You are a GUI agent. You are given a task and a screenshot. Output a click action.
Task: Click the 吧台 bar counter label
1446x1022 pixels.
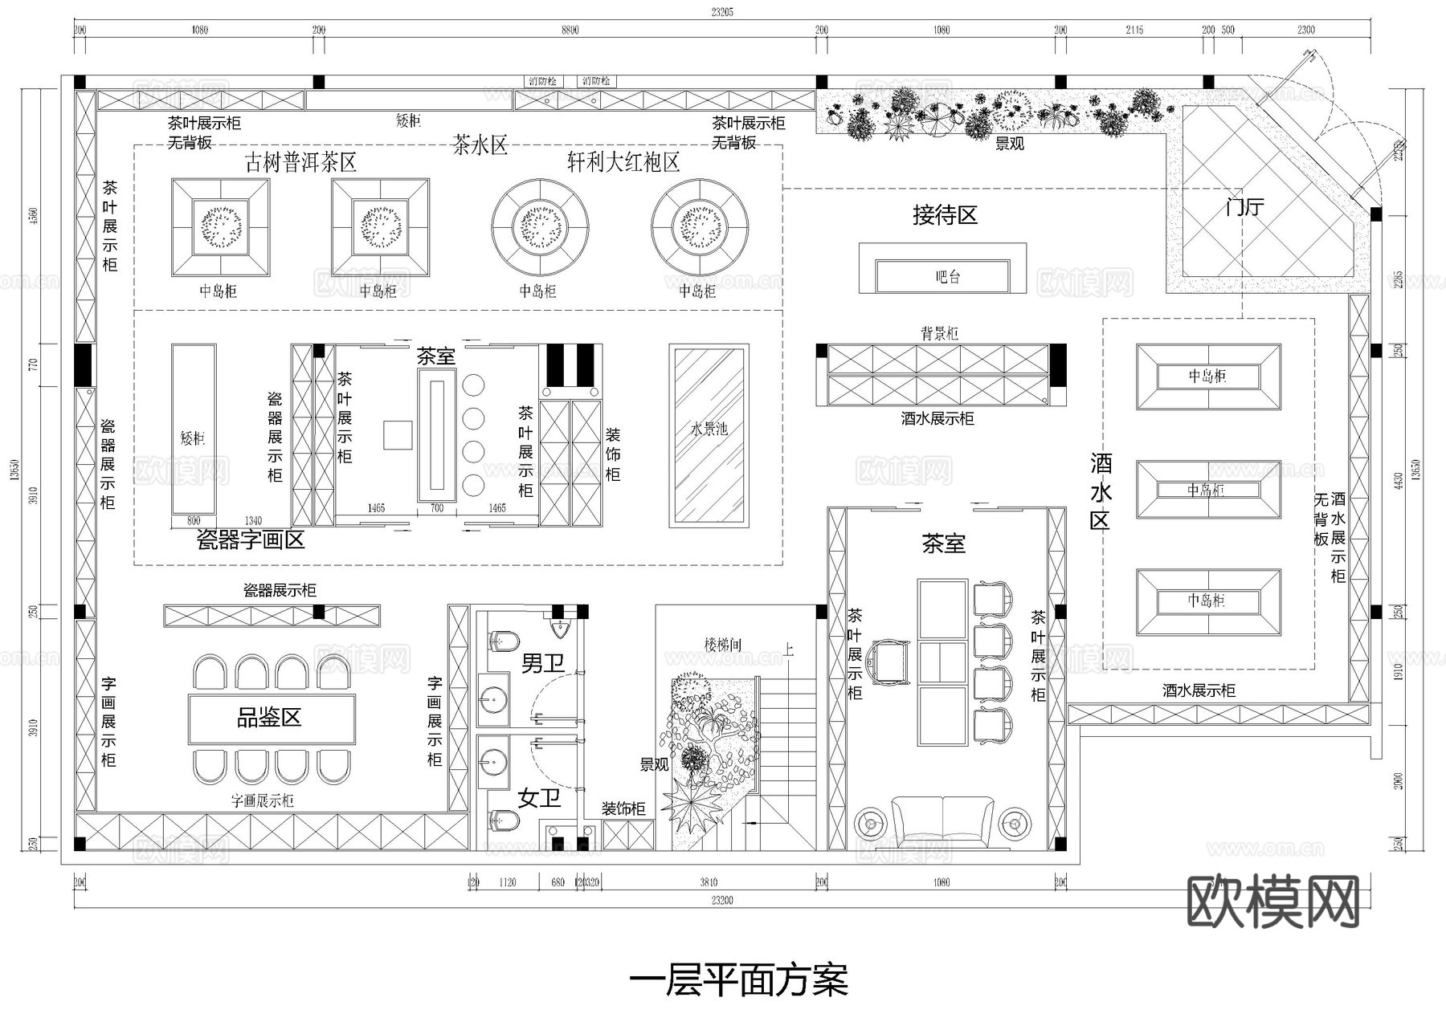click(x=947, y=277)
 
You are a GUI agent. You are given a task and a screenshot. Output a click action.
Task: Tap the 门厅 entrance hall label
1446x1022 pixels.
click(x=1244, y=207)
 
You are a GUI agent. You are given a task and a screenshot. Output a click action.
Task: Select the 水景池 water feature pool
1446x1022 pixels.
click(x=709, y=430)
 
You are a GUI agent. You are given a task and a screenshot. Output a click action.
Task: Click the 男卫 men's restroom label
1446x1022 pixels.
click(x=542, y=663)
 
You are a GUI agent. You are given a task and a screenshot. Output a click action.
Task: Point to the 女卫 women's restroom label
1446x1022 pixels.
click(x=538, y=797)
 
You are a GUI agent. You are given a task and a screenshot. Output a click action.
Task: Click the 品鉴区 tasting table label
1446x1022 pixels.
click(x=269, y=717)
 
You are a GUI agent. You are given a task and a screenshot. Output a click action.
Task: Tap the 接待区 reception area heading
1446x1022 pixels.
click(x=945, y=215)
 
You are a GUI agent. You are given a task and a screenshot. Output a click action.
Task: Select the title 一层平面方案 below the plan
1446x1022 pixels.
click(x=737, y=980)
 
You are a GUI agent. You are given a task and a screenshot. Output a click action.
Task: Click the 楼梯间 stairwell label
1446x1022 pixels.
click(x=722, y=644)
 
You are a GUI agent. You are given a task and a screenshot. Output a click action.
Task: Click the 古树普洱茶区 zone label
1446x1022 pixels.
click(x=300, y=163)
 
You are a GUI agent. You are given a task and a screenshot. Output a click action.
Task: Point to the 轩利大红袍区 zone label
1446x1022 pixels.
click(x=623, y=163)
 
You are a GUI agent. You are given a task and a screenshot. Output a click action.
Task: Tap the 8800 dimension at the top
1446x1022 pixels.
click(x=570, y=31)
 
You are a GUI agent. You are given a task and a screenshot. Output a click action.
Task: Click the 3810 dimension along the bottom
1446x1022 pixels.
click(x=709, y=882)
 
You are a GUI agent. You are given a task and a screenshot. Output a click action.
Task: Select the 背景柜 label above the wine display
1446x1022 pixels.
click(x=938, y=333)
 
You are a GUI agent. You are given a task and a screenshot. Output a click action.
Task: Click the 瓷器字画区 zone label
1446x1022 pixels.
click(x=251, y=540)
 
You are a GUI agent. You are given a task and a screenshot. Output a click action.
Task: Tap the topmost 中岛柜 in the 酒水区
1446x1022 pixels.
click(x=1207, y=376)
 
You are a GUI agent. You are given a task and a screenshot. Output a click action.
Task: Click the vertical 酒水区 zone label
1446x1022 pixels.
click(x=1100, y=491)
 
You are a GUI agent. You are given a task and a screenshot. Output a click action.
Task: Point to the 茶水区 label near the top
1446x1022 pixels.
click(x=480, y=145)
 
